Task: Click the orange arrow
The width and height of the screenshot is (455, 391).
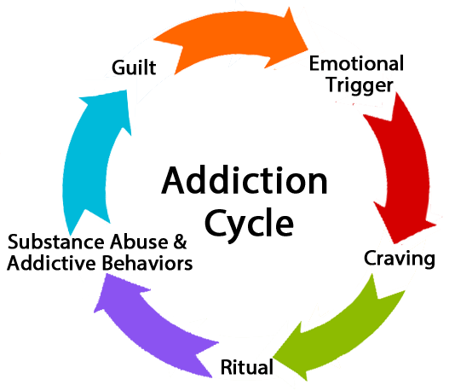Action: point(229,38)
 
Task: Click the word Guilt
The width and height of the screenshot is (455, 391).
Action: point(134,67)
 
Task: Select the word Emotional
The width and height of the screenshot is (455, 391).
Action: point(356,63)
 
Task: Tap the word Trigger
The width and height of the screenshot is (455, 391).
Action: point(360,85)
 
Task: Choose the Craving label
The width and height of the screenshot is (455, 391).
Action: point(400,259)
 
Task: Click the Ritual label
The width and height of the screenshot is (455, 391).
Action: point(247,367)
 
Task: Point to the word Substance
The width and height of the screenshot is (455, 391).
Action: point(56,242)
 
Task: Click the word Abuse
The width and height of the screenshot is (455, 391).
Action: point(139,242)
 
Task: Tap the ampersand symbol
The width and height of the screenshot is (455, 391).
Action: point(180,242)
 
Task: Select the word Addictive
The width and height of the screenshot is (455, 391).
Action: point(51,263)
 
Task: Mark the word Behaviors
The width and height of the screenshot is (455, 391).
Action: point(147,263)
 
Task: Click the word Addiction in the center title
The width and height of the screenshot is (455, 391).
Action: point(245,180)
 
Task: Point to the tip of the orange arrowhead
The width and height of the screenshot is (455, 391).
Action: point(308,50)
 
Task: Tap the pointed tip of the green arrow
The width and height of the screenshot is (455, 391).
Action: point(273,357)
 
